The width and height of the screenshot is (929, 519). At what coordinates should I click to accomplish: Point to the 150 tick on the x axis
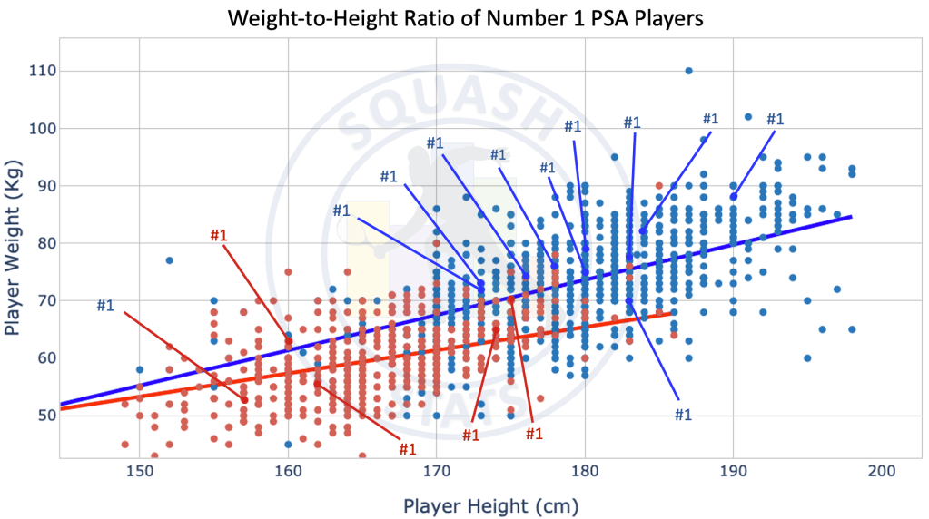[x=139, y=472]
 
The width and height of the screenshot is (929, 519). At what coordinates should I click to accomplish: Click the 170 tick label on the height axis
[x=436, y=472]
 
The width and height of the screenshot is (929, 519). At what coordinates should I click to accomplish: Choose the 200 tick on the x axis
[x=882, y=472]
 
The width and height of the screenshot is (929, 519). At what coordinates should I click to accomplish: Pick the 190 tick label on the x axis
[x=733, y=472]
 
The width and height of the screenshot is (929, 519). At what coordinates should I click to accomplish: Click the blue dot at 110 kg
[x=688, y=71]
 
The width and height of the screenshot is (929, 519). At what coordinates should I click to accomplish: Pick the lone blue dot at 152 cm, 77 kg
[x=169, y=260]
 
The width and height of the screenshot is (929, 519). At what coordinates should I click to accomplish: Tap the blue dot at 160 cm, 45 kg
[x=288, y=444]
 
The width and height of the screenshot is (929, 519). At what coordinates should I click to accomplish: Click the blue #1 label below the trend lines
[x=683, y=415]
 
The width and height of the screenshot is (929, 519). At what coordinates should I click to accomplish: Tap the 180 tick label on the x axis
[x=585, y=472]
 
